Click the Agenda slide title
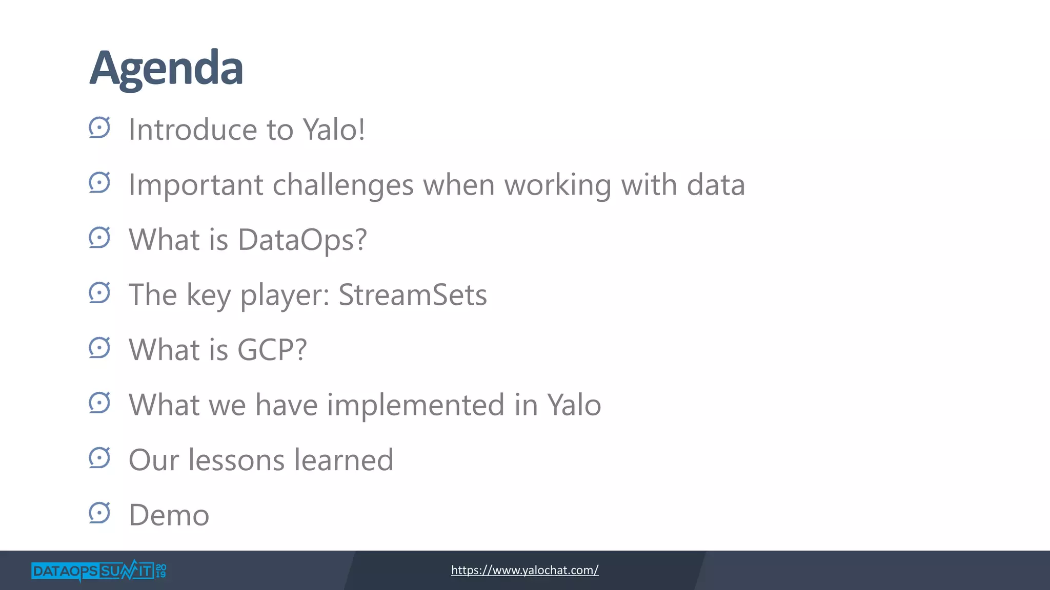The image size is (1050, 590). point(166,69)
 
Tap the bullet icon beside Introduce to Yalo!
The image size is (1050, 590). point(99,128)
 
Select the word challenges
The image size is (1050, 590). point(343,185)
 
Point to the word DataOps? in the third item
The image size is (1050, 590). point(302,240)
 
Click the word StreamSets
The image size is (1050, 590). point(413,295)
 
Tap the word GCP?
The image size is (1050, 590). point(272,350)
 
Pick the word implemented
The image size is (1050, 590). point(415,405)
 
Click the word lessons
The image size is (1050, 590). point(236,460)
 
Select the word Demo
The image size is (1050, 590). point(169,515)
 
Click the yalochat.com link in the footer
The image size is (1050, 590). point(524,570)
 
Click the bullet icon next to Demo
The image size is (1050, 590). point(99,513)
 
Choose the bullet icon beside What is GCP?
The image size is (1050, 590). point(99,348)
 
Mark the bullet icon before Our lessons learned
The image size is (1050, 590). point(99,458)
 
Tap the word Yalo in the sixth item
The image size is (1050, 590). point(574,405)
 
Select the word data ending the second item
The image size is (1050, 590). point(715,185)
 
